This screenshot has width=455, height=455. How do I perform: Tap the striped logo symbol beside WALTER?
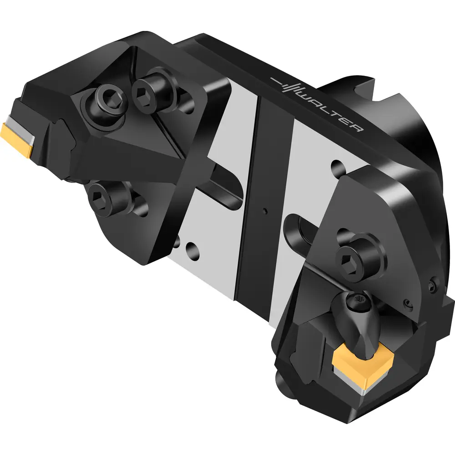286,85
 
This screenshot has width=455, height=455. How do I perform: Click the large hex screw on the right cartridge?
357,258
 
